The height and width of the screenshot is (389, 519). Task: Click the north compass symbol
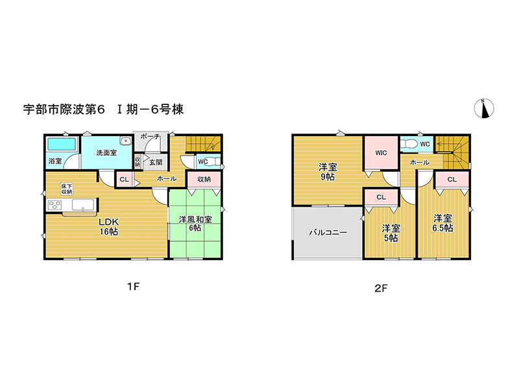pyautogui.click(x=484, y=108)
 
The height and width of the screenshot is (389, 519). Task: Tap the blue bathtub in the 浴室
pyautogui.click(x=62, y=144)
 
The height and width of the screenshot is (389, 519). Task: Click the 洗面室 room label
pyautogui.click(x=106, y=152)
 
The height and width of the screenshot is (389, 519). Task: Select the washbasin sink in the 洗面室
pyautogui.click(x=126, y=141)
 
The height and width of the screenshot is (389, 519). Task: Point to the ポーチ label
pyautogui.click(x=150, y=136)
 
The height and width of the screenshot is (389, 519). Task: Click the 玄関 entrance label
pyautogui.click(x=156, y=162)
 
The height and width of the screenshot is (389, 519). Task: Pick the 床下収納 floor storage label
pyautogui.click(x=67, y=189)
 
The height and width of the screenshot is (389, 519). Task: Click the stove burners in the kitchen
pyautogui.click(x=54, y=205)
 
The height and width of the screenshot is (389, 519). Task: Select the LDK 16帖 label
pyautogui.click(x=109, y=226)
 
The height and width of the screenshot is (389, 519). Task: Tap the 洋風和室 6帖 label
pyautogui.click(x=195, y=223)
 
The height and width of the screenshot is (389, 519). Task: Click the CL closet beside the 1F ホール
pyautogui.click(x=125, y=180)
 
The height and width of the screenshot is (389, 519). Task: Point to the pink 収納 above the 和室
pyautogui.click(x=204, y=179)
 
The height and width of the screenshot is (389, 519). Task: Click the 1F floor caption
pyautogui.click(x=134, y=287)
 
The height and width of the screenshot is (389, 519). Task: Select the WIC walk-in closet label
pyautogui.click(x=381, y=152)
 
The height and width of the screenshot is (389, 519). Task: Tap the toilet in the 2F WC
pyautogui.click(x=409, y=144)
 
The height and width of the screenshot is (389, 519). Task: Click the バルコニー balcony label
pyautogui.click(x=328, y=233)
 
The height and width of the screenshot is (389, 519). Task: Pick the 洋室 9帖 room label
pyautogui.click(x=328, y=172)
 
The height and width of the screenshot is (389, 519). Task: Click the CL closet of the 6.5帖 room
pyautogui.click(x=452, y=180)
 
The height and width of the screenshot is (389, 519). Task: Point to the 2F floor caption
pyautogui.click(x=381, y=288)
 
